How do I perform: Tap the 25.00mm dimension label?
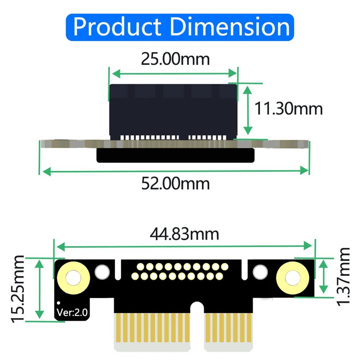coord(175,59)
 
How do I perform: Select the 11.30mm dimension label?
coord(288,108)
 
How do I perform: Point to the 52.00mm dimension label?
coord(175,184)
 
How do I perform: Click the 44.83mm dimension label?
coord(184,234)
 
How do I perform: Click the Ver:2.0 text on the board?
coord(72,313)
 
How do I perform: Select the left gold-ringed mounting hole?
coord(73,277)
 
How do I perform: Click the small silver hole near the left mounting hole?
coord(102,272)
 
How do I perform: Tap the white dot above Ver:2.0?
coord(59,304)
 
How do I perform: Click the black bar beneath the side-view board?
coord(175,155)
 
